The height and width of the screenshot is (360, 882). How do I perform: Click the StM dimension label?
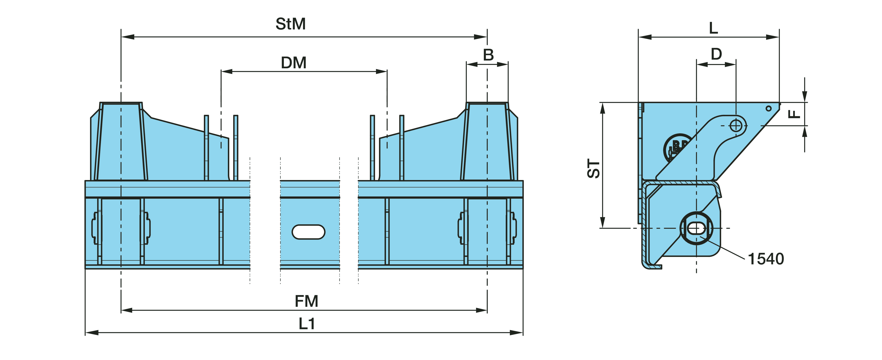[290, 24]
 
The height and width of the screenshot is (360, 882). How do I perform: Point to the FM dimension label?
[306, 301]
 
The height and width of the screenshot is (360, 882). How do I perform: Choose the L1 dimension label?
[306, 324]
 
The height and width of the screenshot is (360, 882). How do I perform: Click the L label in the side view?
[713, 28]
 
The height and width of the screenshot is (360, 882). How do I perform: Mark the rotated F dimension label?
[794, 114]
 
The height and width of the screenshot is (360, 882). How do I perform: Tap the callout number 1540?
[766, 259]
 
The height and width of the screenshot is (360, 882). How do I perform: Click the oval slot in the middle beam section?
[308, 232]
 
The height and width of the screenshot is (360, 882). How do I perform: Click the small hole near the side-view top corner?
[769, 108]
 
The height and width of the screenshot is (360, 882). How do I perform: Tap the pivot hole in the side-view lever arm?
[736, 126]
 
